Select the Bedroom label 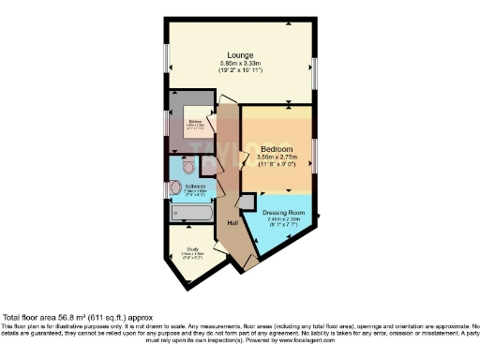pyautogui.click(x=277, y=150)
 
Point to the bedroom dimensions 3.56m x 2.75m pyautogui.click(x=277, y=157)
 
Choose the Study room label pyautogui.click(x=191, y=249)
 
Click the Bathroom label pyautogui.click(x=195, y=187)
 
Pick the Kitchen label pyautogui.click(x=195, y=122)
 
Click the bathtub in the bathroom pyautogui.click(x=191, y=213)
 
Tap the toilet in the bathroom pyautogui.click(x=187, y=168)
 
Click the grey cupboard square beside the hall pyautogui.click(x=247, y=201)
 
